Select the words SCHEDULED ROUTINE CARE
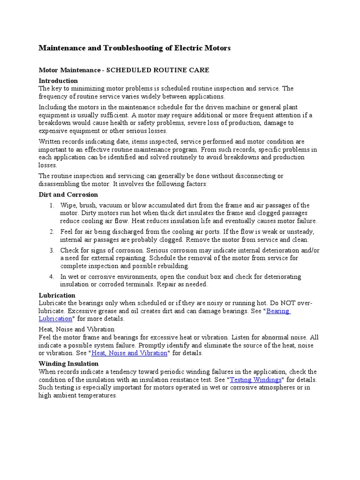(158, 70)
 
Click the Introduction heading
(58, 81)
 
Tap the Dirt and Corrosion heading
(68, 194)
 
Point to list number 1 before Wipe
(52, 205)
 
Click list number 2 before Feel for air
(52, 232)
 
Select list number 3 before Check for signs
(52, 250)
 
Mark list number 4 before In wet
(52, 277)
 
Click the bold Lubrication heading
(57, 295)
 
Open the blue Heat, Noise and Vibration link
(129, 353)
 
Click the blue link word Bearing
(278, 311)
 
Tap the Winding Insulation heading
(68, 363)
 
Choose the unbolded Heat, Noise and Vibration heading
(76, 330)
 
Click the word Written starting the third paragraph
(50, 142)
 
